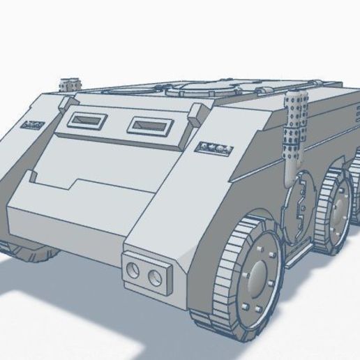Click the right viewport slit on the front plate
point(149,126)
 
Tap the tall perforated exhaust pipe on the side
point(294,126)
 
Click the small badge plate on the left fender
point(32,126)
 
